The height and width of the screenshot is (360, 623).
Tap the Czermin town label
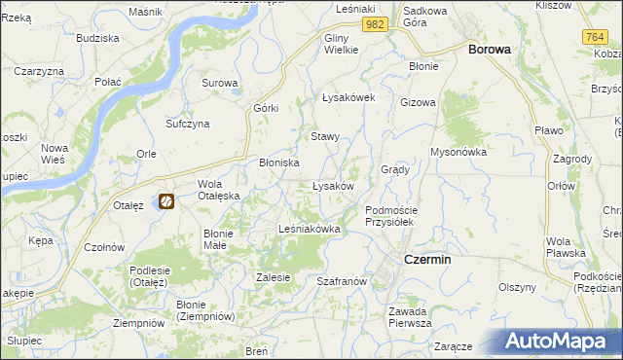(x=426, y=260)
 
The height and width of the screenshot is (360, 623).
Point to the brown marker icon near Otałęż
(x=166, y=201)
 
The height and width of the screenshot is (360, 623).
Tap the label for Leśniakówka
(x=309, y=229)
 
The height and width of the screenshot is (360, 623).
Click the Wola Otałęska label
(x=218, y=190)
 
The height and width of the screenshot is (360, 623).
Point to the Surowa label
(x=220, y=83)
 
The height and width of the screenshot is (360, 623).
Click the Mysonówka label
(x=458, y=152)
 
